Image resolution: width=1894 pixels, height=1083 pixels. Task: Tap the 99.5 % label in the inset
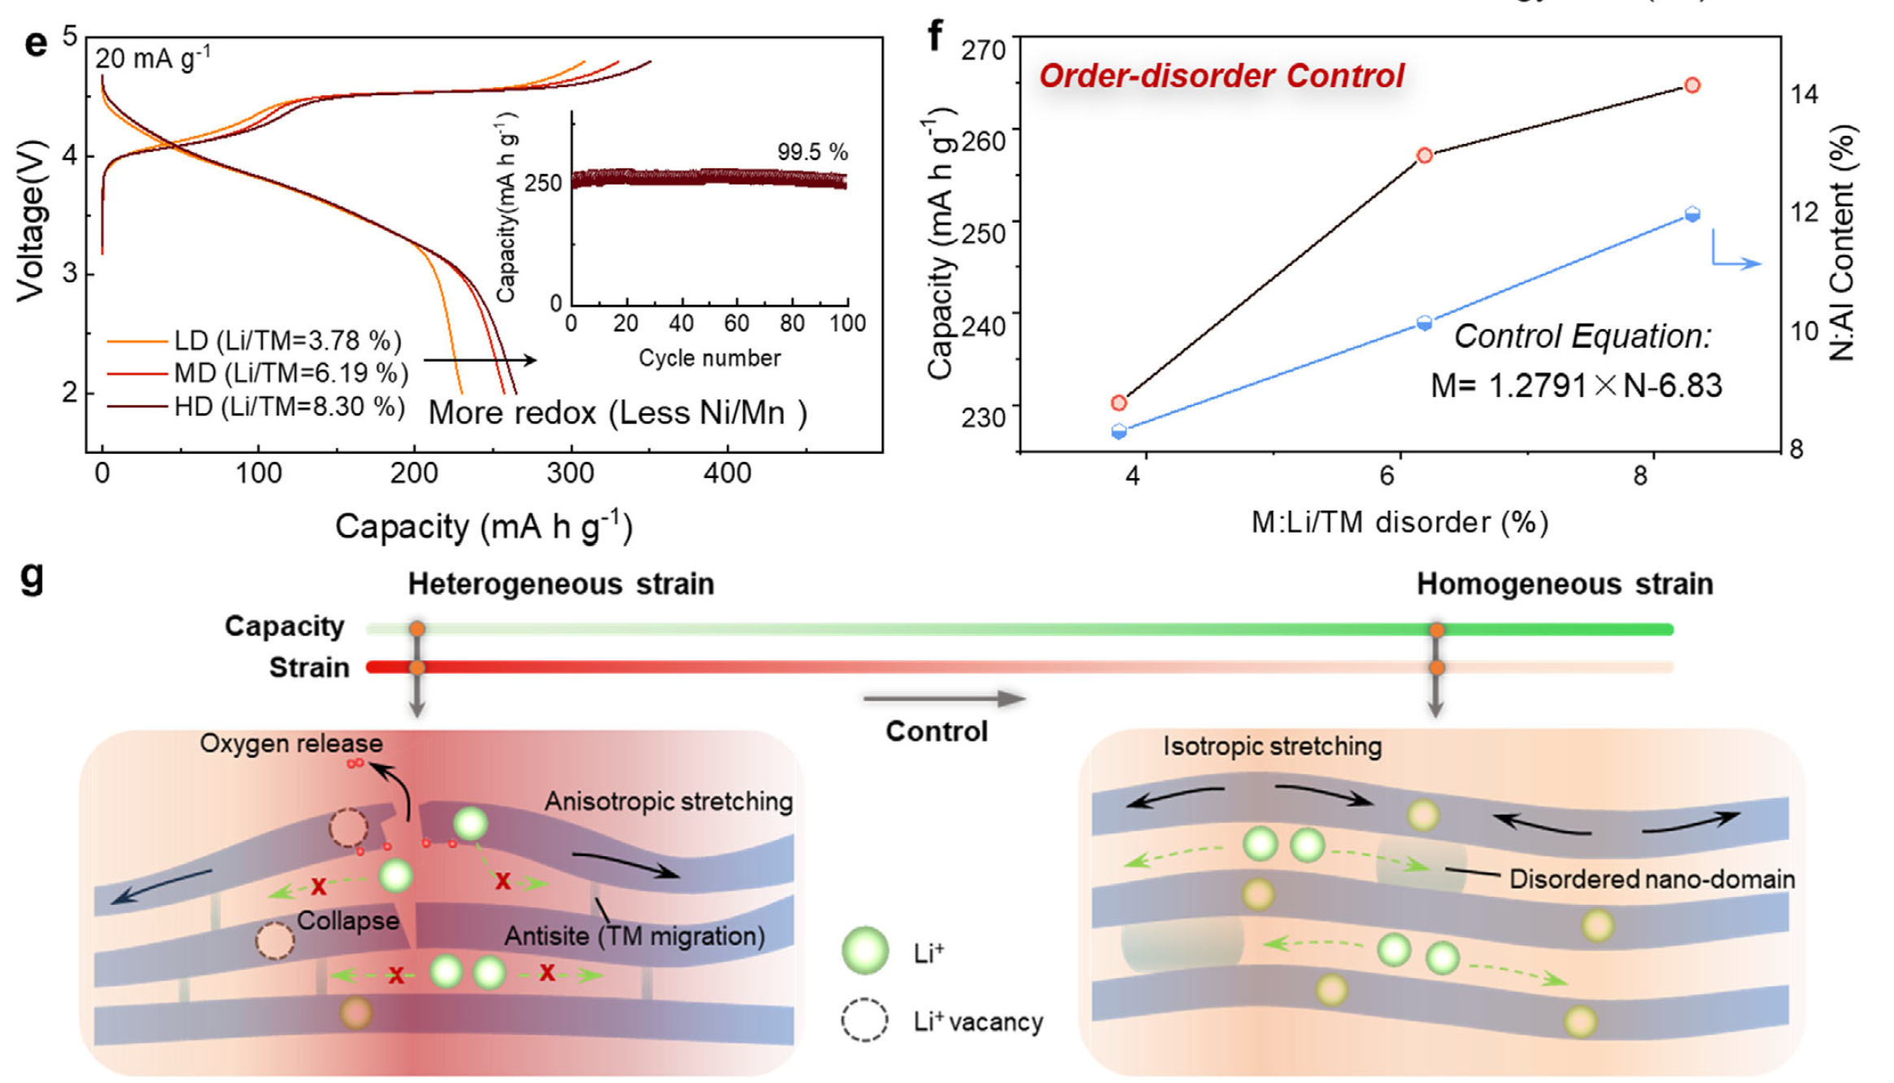pyautogui.click(x=812, y=152)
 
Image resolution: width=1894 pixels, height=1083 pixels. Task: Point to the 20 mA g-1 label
pyautogui.click(x=153, y=59)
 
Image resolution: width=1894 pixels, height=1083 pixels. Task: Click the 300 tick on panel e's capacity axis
pyautogui.click(x=570, y=473)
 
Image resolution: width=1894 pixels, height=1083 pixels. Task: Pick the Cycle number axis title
pyautogui.click(x=709, y=359)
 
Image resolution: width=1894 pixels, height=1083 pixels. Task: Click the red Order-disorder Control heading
pyautogui.click(x=1221, y=76)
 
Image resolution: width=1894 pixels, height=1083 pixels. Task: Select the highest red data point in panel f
pyautogui.click(x=1692, y=85)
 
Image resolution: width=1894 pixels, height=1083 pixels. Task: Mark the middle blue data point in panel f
pyautogui.click(x=1424, y=323)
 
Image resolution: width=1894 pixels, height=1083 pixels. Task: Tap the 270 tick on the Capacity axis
pyautogui.click(x=983, y=50)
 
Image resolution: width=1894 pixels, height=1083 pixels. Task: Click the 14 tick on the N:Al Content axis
pyautogui.click(x=1805, y=94)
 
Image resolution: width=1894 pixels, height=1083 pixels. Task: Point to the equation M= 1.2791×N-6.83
pyautogui.click(x=1575, y=385)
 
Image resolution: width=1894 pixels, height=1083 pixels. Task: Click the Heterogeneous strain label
pyautogui.click(x=561, y=584)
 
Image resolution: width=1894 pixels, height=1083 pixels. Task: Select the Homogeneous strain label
pyautogui.click(x=1565, y=584)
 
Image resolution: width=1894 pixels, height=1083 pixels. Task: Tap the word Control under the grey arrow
pyautogui.click(x=936, y=731)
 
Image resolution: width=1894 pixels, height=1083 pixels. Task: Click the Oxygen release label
pyautogui.click(x=291, y=743)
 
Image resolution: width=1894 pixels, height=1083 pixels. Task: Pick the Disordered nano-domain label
pyautogui.click(x=1652, y=879)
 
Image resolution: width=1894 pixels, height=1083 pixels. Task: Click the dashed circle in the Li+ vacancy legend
pyautogui.click(x=864, y=1020)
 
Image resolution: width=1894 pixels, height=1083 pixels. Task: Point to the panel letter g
pyautogui.click(x=32, y=577)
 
